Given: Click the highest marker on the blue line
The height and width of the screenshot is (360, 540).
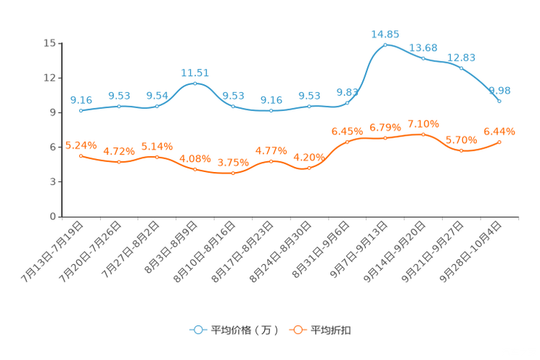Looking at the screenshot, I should click(385, 44).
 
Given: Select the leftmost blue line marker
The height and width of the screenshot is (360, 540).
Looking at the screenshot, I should click(81, 111).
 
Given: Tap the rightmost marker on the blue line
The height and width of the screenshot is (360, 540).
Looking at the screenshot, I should click(499, 102).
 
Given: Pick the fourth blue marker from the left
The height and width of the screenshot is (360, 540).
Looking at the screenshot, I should click(195, 83).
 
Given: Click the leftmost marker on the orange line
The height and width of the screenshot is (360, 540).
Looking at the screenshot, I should click(81, 155).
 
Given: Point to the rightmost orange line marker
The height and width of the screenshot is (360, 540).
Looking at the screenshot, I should click(499, 142).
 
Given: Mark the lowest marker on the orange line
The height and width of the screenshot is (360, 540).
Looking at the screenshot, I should click(233, 173).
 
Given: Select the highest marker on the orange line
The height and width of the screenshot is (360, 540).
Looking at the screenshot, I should click(423, 134).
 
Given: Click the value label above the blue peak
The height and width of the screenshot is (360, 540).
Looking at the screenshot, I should click(385, 33).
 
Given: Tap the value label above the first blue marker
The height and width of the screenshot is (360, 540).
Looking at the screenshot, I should click(81, 100).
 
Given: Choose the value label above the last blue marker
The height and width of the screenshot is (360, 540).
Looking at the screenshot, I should click(501, 90).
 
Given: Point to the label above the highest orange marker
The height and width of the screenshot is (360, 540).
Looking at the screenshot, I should click(423, 123).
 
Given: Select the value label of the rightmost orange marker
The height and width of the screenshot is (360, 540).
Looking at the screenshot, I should click(499, 131).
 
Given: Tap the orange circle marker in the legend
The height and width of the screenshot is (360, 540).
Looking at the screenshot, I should click(298, 330).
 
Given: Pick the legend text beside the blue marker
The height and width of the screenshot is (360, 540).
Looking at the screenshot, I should click(244, 330).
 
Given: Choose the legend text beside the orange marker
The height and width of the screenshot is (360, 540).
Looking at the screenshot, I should click(332, 330).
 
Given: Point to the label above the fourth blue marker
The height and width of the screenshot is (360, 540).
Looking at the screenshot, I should click(195, 73).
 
